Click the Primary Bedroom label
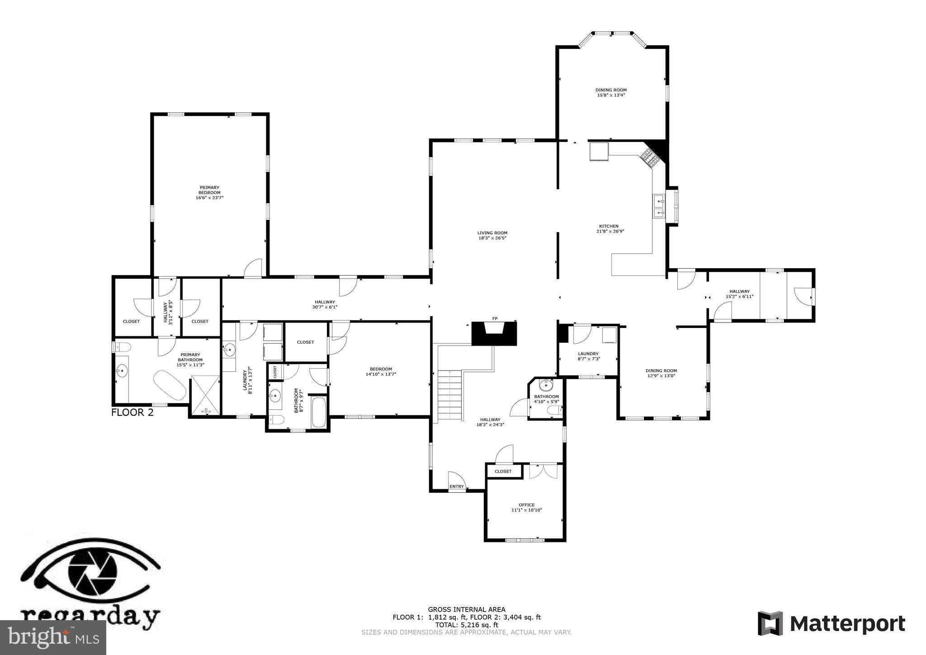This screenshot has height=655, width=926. point(209,192)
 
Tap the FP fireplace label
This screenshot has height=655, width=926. point(495,318)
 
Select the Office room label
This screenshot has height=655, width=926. point(526,507)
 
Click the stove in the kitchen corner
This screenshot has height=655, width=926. point(649,159)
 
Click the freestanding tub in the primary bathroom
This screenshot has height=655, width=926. point(170,385)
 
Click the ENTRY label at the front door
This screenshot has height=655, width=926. point(457,486)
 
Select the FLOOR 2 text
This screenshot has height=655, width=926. point(132,412)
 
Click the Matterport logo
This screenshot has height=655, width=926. point(831,624)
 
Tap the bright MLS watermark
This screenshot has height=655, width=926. point(53,637)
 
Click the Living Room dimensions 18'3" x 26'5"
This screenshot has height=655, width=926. point(492,238)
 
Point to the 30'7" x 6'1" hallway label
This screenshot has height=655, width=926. point(325,307)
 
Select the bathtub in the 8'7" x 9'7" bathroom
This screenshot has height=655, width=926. point(319,412)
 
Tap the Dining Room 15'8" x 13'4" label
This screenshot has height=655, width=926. point(611,93)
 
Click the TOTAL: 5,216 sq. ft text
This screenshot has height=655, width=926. point(467,625)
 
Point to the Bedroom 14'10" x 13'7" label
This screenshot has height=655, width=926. point(381,371)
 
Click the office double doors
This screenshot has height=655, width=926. point(544,471)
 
